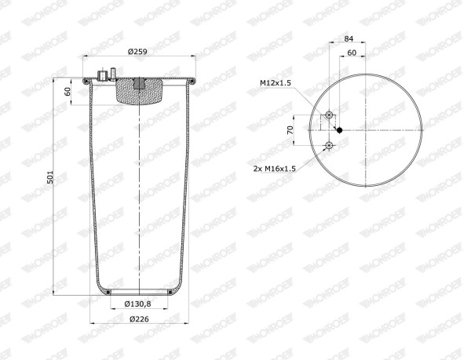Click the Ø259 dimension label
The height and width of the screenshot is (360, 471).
pos(137,52)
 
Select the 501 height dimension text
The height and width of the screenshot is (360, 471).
pos(50,177)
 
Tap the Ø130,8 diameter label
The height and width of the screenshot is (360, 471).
pos(137,304)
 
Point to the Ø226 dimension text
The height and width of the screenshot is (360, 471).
pos(139,319)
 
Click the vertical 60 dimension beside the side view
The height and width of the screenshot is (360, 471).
pos(68,91)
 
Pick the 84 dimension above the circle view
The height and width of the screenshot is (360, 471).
pos(349,38)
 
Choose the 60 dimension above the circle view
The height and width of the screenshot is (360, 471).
pos(352,53)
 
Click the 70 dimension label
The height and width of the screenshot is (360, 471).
pos(290,130)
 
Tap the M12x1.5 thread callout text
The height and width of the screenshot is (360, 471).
pos(276,83)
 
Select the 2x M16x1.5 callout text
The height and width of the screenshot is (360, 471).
pos(275,169)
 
